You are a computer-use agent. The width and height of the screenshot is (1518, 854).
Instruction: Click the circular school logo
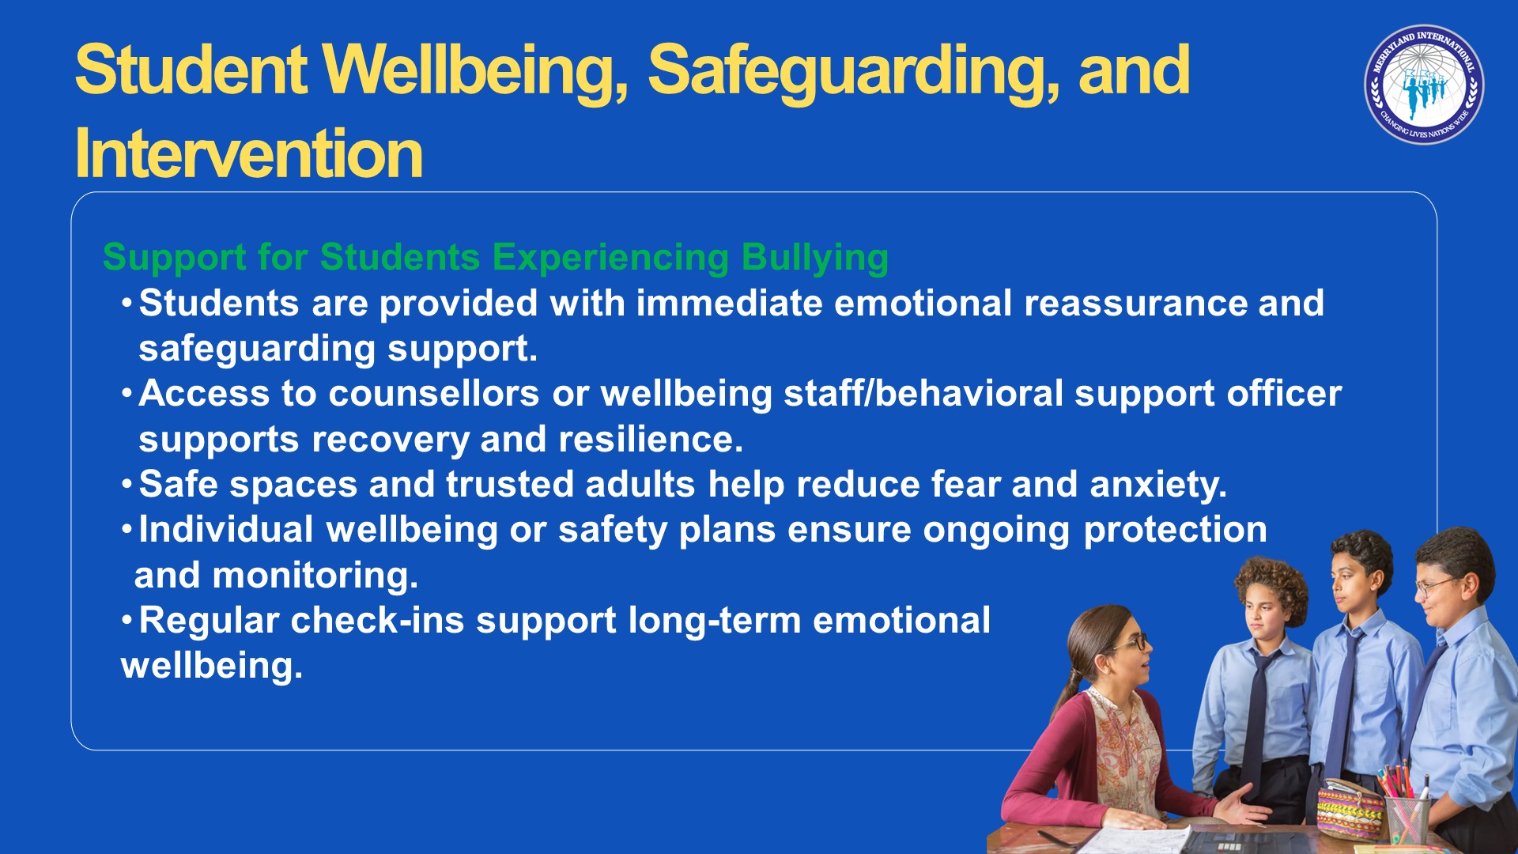coord(1424,85)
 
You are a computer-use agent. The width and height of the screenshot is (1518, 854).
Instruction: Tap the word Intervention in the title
coord(249,153)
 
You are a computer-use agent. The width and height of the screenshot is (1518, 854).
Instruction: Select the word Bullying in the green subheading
coord(815,259)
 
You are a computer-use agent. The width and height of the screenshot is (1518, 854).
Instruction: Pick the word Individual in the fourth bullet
coord(226,530)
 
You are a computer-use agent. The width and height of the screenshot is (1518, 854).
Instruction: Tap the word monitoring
coord(315,576)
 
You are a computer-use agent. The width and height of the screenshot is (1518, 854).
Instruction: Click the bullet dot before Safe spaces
coord(126,483)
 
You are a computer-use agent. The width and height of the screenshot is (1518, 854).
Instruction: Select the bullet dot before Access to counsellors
coord(126,392)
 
